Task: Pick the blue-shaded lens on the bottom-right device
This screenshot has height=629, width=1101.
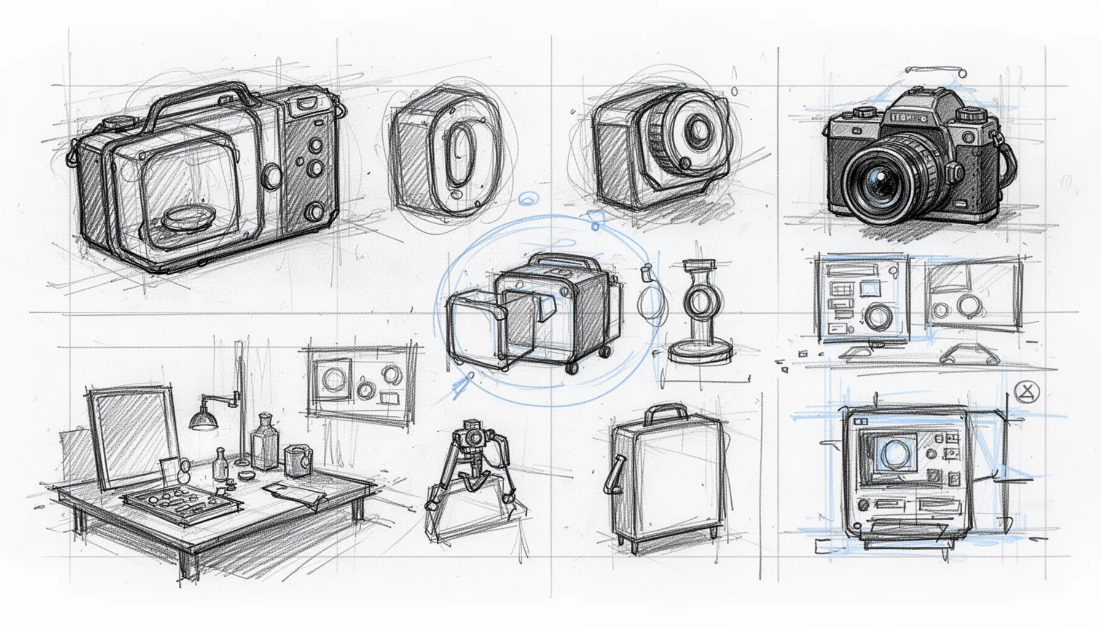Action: [893, 453]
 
